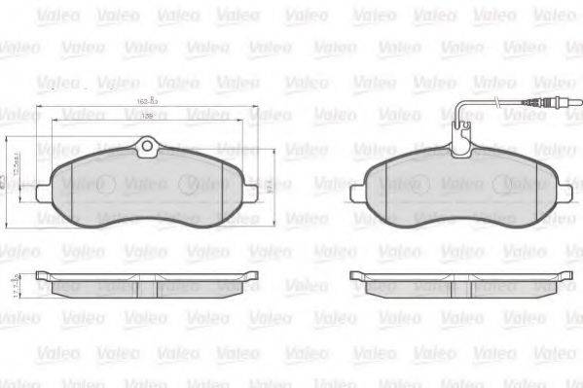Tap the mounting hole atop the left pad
148,148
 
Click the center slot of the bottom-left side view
148,287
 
